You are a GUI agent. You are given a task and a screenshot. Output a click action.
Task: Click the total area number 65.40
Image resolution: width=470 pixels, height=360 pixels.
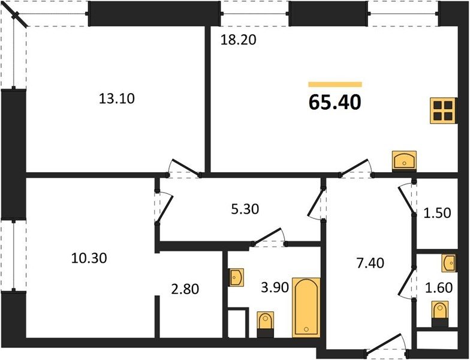pyautogui.click(x=335, y=103)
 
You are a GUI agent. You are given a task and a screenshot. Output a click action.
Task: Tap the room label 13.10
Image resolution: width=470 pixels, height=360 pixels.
pyautogui.click(x=116, y=98)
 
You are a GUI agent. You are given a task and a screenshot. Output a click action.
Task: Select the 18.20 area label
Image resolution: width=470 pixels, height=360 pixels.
pyautogui.click(x=239, y=40)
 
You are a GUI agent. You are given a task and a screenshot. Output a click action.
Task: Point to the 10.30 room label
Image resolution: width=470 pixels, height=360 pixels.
pyautogui.click(x=89, y=258)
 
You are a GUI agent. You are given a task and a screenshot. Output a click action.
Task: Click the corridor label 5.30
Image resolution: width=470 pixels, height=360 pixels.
pyautogui.click(x=245, y=209)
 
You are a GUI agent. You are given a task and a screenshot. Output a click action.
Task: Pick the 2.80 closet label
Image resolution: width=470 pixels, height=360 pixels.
pyautogui.click(x=185, y=289)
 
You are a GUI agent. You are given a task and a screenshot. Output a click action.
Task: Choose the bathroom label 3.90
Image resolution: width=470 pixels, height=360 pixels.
pyautogui.click(x=275, y=287)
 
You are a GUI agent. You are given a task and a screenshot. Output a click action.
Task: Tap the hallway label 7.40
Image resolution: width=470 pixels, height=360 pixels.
pyautogui.click(x=370, y=263)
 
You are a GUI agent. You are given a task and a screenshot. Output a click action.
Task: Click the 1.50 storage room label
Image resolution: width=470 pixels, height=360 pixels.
pyautogui.click(x=438, y=213)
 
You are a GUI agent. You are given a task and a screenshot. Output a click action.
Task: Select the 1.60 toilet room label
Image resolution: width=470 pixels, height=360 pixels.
pyautogui.click(x=439, y=288)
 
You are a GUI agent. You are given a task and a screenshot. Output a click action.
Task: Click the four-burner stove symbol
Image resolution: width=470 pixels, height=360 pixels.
pyautogui.click(x=444, y=110)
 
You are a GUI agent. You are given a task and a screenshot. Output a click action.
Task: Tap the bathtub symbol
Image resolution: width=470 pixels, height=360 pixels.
pyautogui.click(x=306, y=308)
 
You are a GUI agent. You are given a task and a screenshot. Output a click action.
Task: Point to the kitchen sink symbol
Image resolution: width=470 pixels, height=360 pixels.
pyautogui.click(x=404, y=161)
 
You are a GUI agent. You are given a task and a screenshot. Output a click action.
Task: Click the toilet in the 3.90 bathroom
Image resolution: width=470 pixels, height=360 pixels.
pyautogui.click(x=265, y=324)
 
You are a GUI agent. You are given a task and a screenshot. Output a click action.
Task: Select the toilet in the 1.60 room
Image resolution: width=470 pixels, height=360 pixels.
pyautogui.click(x=440, y=314)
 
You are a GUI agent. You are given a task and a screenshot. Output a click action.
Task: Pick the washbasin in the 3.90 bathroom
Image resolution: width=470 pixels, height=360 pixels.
pyautogui.click(x=236, y=277)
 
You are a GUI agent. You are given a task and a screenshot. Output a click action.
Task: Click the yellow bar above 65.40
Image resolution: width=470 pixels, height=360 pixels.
pyautogui.click(x=335, y=85)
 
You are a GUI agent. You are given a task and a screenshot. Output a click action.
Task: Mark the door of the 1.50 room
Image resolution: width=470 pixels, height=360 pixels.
pyautogui.click(x=407, y=199)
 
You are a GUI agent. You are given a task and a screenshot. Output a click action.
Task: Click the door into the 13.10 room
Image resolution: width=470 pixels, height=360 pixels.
pyautogui.click(x=183, y=167)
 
